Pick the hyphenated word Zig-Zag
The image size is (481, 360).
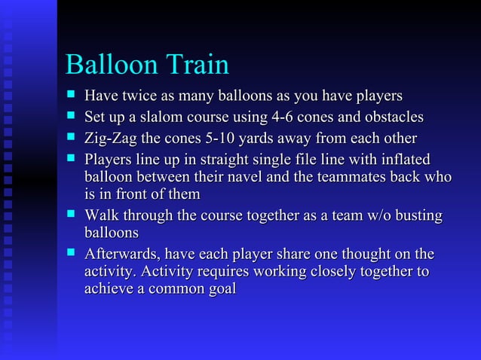110,139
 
